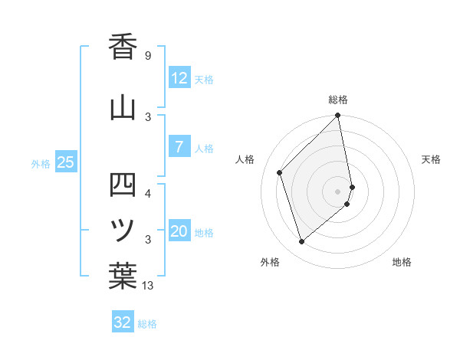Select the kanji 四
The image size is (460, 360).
tap(123, 184)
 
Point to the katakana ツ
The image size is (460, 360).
tap(123, 228)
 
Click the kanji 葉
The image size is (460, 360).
tap(123, 276)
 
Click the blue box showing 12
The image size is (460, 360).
tap(179, 78)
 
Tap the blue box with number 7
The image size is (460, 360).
tap(179, 147)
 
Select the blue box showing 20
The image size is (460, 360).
tap(179, 232)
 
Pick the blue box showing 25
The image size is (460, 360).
tap(66, 162)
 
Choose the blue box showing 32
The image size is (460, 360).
tap(123, 322)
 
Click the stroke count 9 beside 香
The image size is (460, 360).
tap(148, 56)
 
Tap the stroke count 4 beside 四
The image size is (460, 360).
tap(148, 193)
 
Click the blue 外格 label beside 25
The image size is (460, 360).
tap(41, 163)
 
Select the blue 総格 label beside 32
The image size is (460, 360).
tap(147, 323)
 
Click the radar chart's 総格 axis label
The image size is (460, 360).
tap(338, 100)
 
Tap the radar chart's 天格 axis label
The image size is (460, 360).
tap(431, 159)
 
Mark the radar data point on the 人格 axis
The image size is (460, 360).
tap(280, 172)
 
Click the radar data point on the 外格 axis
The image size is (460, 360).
tap(301, 242)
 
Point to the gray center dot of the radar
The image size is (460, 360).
tap(338, 191)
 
